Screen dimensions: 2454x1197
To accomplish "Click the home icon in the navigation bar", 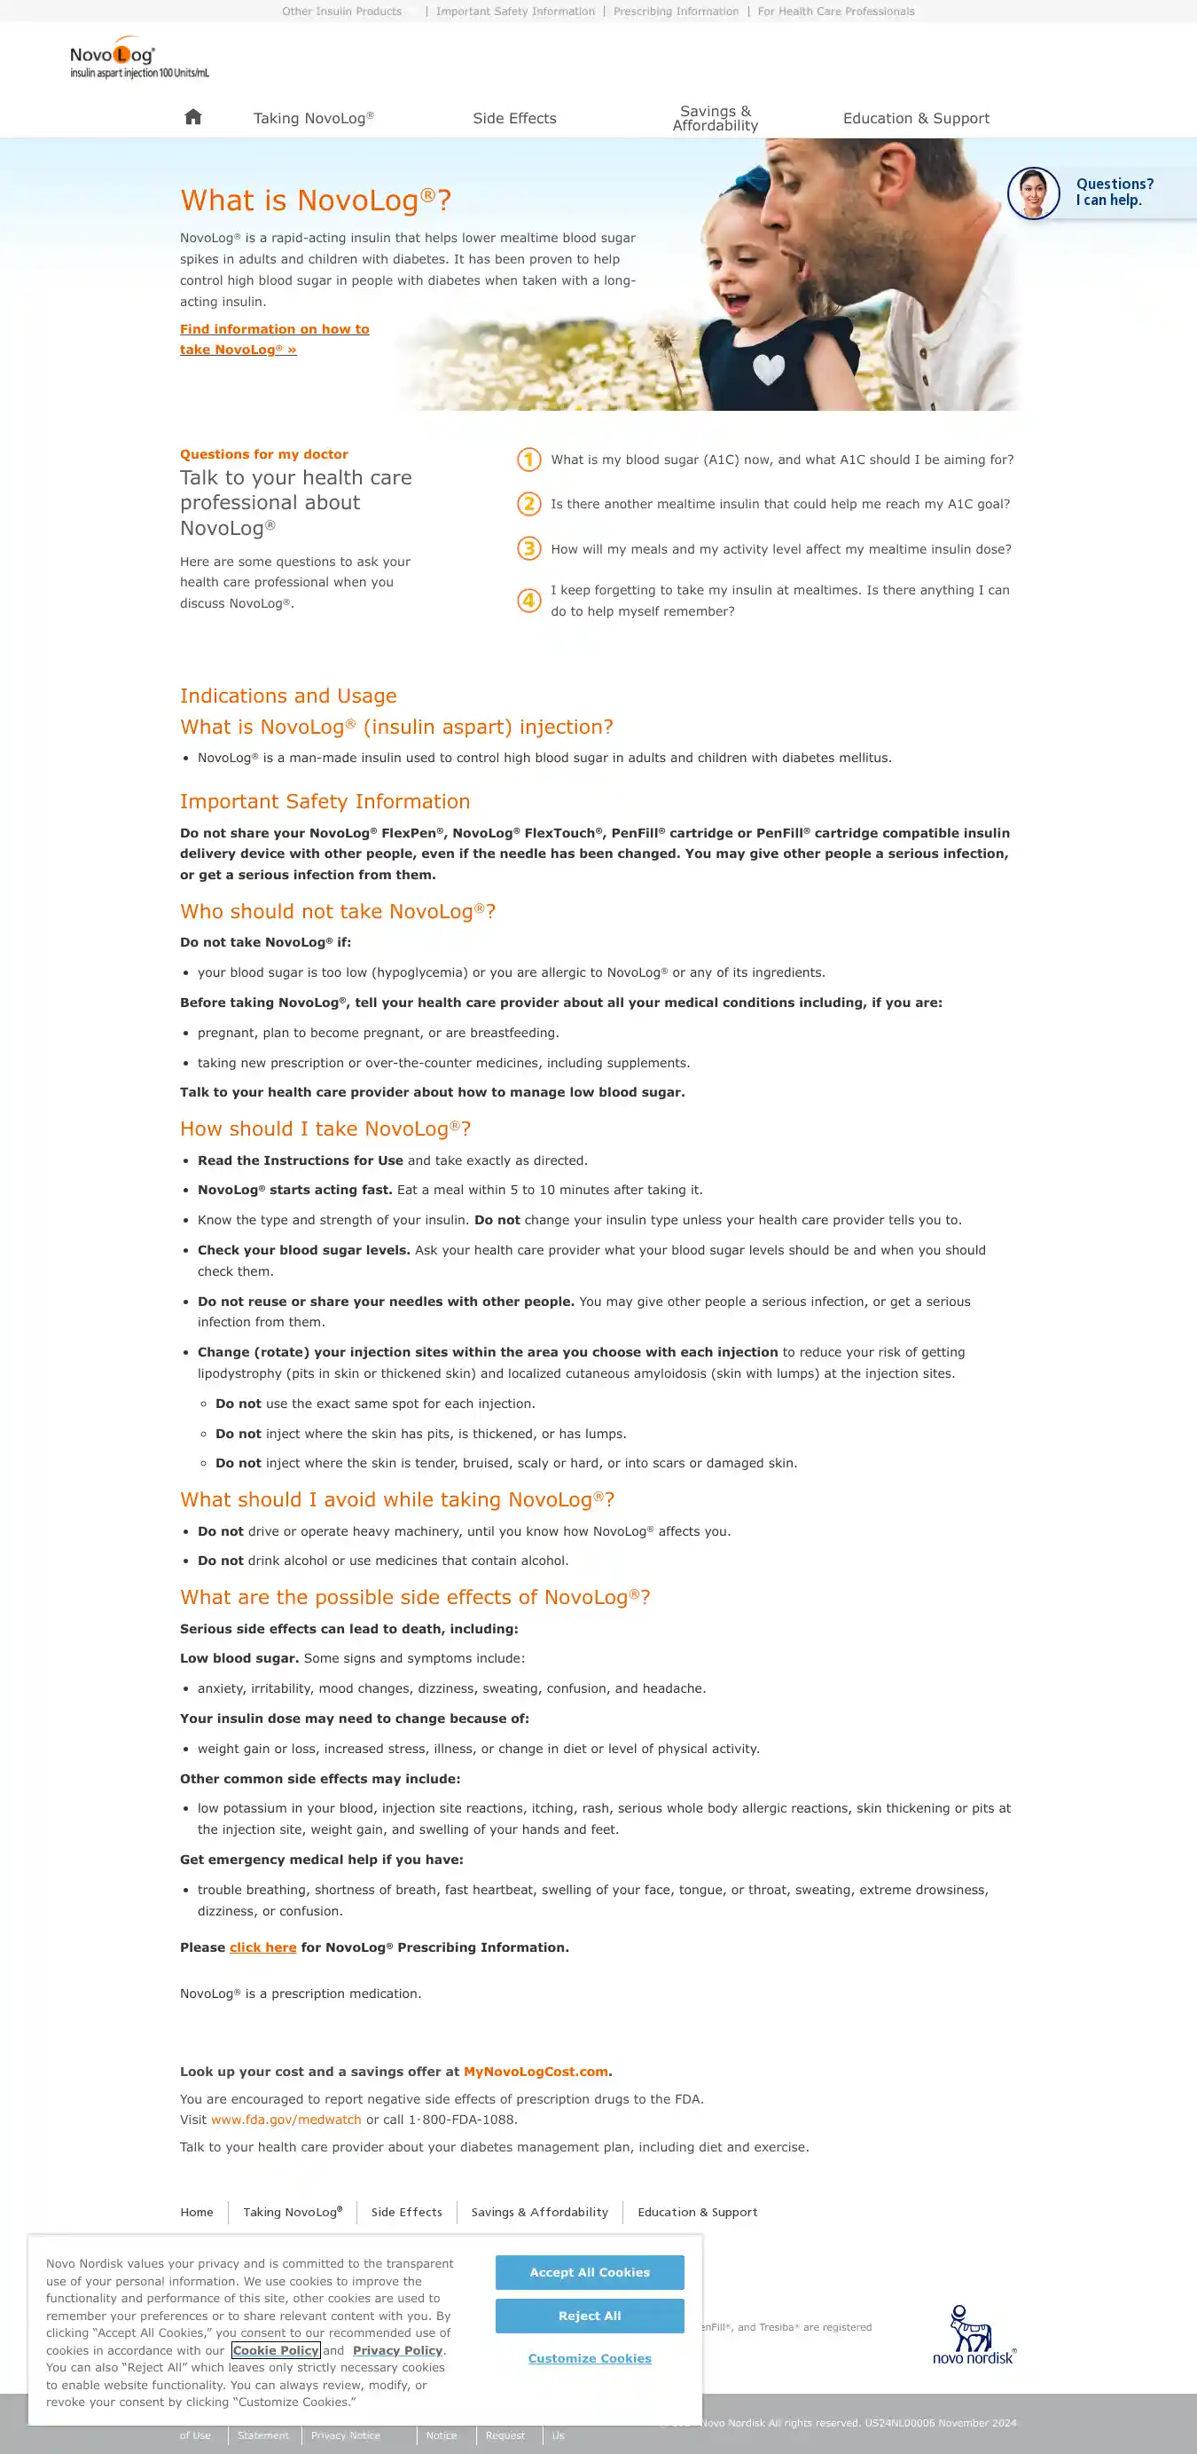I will [x=193, y=117].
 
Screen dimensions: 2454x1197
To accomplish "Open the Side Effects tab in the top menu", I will [x=514, y=118].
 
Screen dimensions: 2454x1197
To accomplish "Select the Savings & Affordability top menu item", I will [x=716, y=118].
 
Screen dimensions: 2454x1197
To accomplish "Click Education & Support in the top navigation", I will [x=915, y=118].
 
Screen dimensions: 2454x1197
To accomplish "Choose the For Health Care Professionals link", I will [x=835, y=12].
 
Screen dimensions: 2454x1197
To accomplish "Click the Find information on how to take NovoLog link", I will [x=274, y=339].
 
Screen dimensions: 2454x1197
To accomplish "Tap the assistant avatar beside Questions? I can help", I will [x=1033, y=193].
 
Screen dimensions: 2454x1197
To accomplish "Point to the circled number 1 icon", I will [x=528, y=460].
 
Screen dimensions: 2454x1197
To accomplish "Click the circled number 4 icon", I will [x=528, y=600].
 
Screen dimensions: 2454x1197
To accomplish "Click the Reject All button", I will [x=590, y=2315].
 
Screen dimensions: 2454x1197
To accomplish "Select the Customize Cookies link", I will [x=590, y=2358].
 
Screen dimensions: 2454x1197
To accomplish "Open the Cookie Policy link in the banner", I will [x=275, y=2350].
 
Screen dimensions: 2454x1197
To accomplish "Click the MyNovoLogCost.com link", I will [x=536, y=2071].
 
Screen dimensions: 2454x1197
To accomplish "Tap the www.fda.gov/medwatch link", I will [x=286, y=2120].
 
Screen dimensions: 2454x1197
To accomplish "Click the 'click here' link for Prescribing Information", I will [x=262, y=1947].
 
